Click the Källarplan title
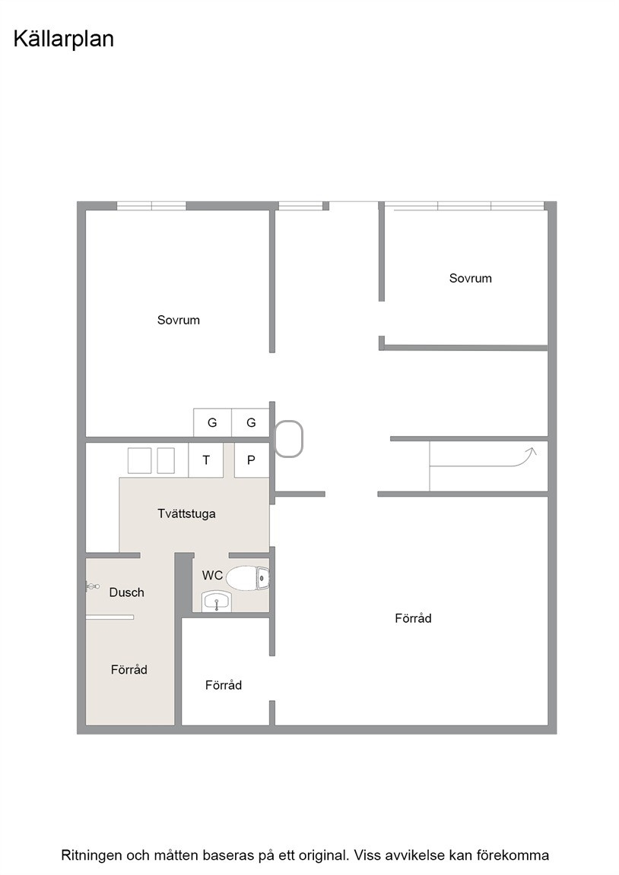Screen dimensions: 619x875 click(x=64, y=39)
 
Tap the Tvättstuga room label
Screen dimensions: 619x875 click(x=186, y=514)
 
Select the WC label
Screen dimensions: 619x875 click(x=212, y=575)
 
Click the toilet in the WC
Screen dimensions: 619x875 click(x=247, y=578)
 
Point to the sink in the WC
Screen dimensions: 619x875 click(x=216, y=602)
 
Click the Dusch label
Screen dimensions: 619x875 click(x=127, y=592)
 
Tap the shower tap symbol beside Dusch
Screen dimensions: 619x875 click(x=92, y=586)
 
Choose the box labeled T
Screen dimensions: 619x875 click(x=206, y=460)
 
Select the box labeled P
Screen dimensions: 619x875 click(x=252, y=460)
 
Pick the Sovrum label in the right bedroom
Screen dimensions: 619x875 click(x=471, y=279)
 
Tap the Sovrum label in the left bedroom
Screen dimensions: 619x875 click(x=178, y=321)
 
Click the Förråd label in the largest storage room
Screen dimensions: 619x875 click(x=414, y=618)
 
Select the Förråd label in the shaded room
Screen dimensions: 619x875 click(x=129, y=670)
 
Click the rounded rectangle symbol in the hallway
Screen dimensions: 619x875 click(x=289, y=439)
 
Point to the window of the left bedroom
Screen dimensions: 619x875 click(x=151, y=206)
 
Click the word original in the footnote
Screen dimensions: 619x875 click(x=324, y=855)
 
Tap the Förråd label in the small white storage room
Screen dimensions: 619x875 click(x=224, y=685)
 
